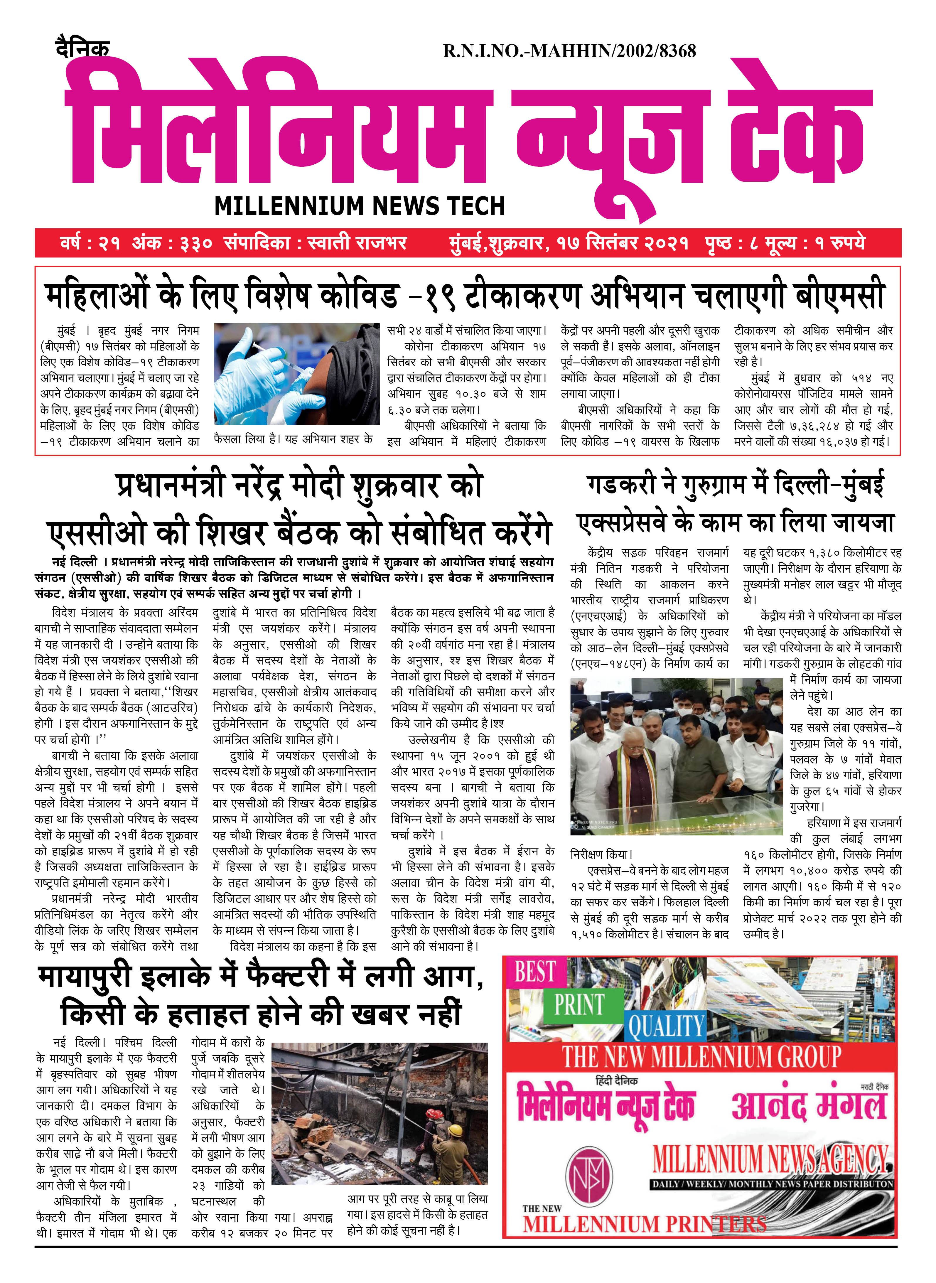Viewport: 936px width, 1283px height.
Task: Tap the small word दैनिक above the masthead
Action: click(x=83, y=48)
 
